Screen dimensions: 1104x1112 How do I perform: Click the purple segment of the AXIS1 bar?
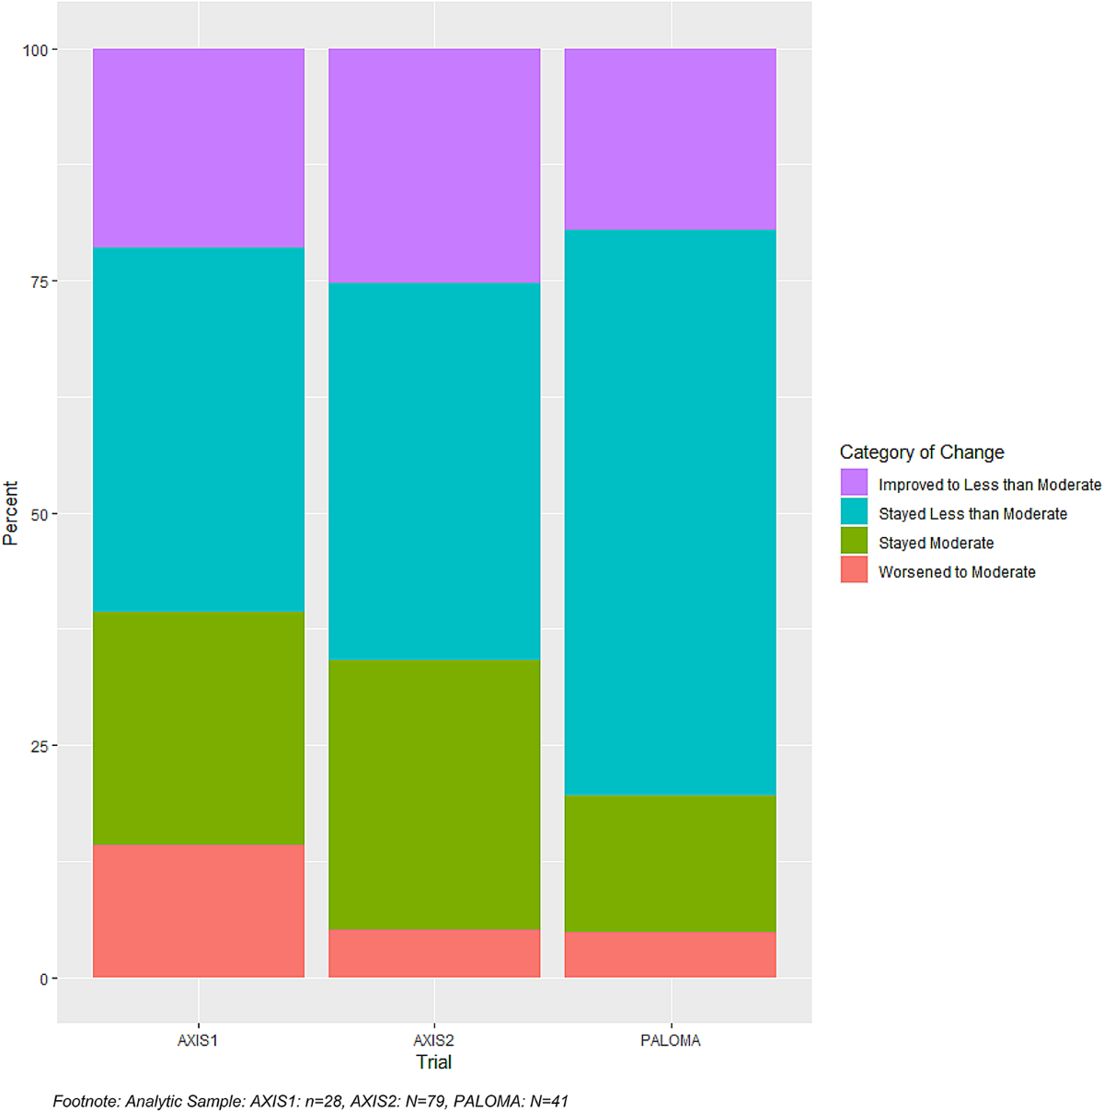click(198, 148)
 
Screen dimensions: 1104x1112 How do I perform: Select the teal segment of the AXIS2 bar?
click(434, 471)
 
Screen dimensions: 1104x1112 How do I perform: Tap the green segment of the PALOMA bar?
click(670, 864)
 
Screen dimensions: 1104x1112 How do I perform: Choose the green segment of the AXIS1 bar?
click(198, 728)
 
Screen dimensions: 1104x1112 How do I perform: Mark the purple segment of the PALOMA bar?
click(670, 139)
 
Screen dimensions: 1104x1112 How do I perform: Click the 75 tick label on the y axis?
click(40, 281)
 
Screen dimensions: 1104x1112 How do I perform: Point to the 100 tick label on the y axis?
click(35, 51)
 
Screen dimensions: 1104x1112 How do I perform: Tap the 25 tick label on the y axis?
click(40, 746)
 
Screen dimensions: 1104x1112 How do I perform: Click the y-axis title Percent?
click(10, 513)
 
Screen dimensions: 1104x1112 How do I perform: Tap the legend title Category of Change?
click(922, 452)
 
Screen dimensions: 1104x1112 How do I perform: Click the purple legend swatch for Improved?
click(854, 482)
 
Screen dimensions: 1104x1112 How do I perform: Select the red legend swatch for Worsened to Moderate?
click(854, 569)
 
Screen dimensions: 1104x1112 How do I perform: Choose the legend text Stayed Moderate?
click(936, 543)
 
